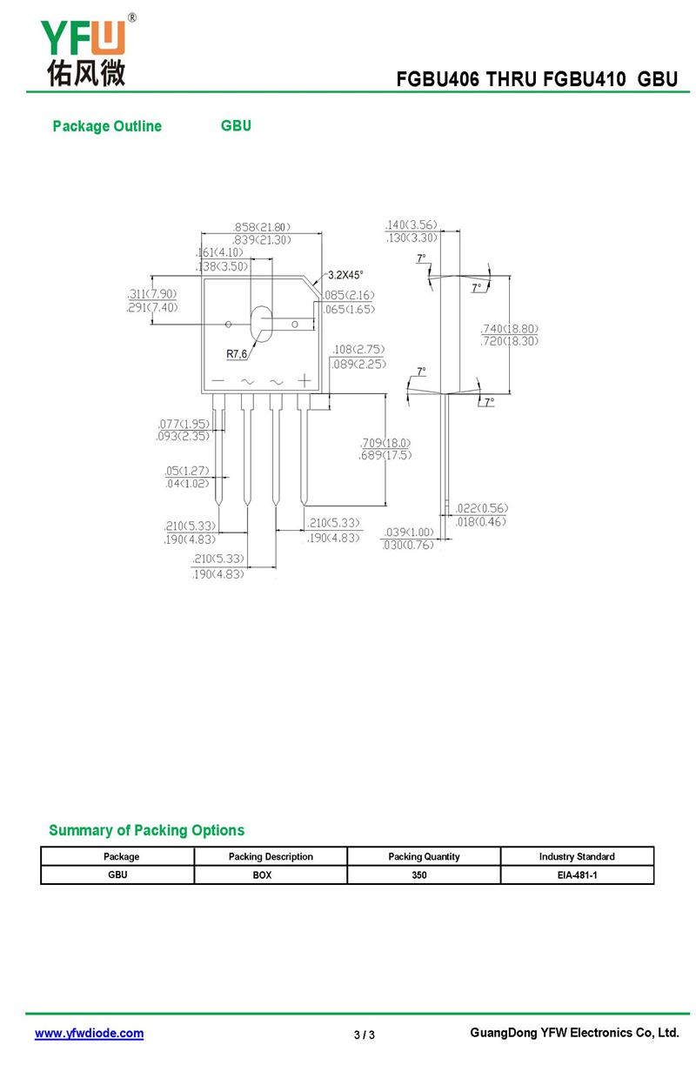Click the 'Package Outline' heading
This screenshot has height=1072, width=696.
(x=107, y=126)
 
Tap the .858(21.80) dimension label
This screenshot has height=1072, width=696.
(x=262, y=226)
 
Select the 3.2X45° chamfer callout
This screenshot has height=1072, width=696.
(x=345, y=275)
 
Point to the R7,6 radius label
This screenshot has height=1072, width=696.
(x=238, y=354)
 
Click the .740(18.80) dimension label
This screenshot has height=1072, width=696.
(x=510, y=329)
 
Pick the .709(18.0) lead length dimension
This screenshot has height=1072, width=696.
(x=385, y=442)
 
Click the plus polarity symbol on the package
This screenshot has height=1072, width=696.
(x=304, y=381)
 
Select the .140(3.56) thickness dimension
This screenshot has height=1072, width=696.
(x=411, y=224)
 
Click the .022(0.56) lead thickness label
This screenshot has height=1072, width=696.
(x=481, y=508)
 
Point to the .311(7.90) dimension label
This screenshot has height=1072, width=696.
(x=151, y=294)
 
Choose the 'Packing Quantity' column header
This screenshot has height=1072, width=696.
(x=424, y=856)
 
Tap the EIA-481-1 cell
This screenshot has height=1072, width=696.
(x=577, y=874)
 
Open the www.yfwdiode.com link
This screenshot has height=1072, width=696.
(x=89, y=1034)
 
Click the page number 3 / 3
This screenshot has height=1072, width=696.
(x=365, y=1035)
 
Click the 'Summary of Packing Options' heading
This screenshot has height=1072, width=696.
(x=146, y=830)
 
